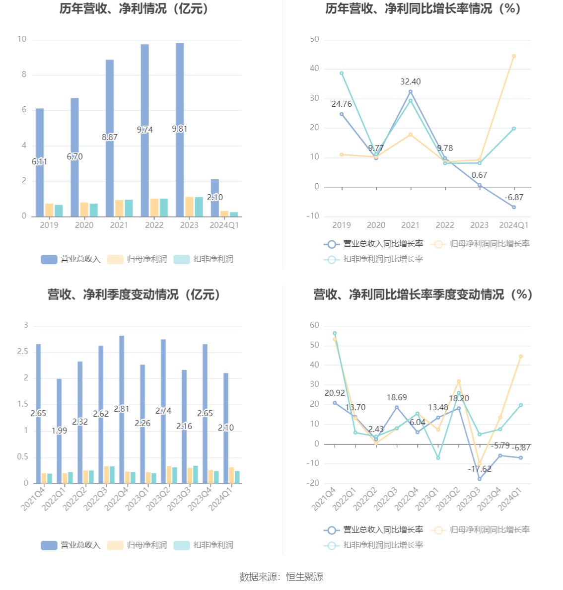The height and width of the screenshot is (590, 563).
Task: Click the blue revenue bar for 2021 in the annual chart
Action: pos(109,138)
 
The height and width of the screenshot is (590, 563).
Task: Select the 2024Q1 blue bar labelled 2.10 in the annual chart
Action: pos(215,198)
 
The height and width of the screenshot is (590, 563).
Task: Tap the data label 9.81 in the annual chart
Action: pos(180,129)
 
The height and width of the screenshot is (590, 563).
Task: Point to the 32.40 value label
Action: pos(410,81)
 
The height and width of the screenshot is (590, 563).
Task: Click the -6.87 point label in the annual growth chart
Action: pos(514,197)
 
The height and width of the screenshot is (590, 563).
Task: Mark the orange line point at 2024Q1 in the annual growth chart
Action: pos(514,56)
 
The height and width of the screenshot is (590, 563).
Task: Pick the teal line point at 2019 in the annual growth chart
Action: pos(342,74)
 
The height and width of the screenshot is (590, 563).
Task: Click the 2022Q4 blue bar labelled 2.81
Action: pos(122,409)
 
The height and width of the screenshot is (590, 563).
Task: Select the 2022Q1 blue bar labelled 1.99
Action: pos(59,431)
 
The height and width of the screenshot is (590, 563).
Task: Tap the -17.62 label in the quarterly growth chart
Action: pos(479,469)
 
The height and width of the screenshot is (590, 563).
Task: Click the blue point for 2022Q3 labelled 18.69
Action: pos(397,408)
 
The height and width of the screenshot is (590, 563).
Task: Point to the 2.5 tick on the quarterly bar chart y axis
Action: pos(22,352)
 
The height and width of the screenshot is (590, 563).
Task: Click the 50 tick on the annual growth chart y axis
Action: pos(314,39)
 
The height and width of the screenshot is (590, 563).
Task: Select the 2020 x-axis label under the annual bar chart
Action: pos(84,225)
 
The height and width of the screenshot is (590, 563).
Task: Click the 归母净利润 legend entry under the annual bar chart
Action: pos(137,259)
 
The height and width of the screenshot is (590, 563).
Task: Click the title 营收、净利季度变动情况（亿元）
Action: pos(134,294)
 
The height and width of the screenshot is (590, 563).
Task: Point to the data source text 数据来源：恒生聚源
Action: pos(281,577)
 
